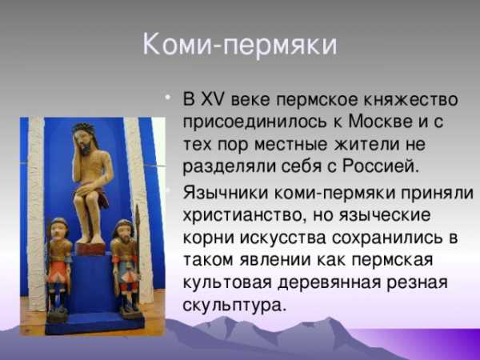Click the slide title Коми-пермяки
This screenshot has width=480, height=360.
240,46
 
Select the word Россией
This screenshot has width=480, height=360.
380,166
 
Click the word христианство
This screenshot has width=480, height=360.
241,215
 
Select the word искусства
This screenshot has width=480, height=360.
283,238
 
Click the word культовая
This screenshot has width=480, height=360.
227,283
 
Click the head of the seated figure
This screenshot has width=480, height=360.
84,138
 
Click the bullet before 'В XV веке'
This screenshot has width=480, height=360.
167,98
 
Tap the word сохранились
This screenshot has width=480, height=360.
387,238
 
